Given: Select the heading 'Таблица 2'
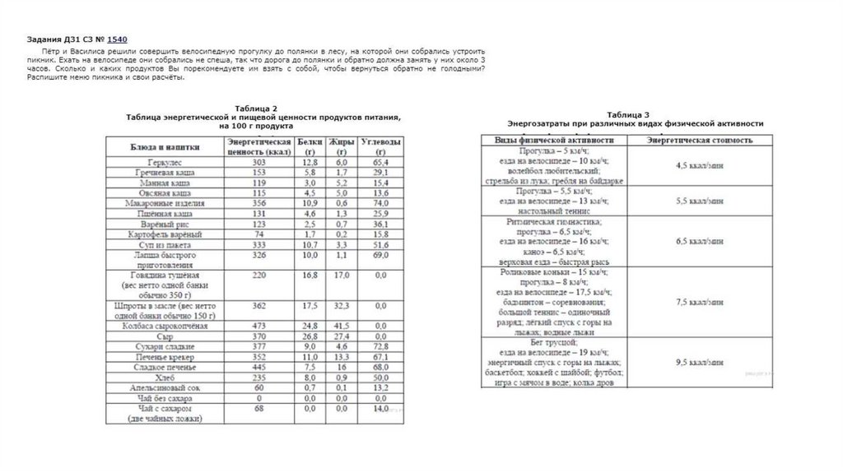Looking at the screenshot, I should coord(256,109).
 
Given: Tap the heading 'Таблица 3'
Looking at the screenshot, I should coord(628,114).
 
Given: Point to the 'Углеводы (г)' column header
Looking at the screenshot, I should coord(381,147).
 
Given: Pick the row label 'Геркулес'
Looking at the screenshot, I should coord(165,164).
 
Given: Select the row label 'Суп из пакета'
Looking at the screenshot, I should coord(165,245).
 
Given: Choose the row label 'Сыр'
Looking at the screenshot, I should coord(165,336).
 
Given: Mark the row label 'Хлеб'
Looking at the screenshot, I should coord(165,377).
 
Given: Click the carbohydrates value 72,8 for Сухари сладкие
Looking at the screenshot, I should coord(380,347).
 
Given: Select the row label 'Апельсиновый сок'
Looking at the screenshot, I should coord(165,387).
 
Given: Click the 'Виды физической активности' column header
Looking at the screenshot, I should coord(553,141).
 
